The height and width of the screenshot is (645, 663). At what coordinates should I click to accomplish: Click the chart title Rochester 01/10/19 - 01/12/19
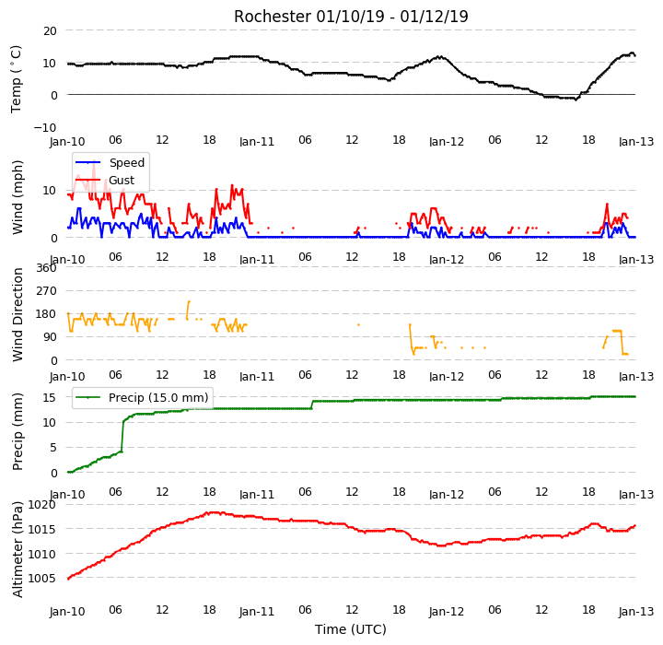351,17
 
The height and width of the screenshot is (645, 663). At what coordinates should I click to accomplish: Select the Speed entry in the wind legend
127,162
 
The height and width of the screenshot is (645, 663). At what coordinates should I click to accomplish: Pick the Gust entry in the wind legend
122,181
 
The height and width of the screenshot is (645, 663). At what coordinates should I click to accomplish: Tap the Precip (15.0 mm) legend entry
158,398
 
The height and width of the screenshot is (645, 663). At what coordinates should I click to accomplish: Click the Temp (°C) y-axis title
16,79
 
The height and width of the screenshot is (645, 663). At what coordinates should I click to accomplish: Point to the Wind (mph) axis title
17,197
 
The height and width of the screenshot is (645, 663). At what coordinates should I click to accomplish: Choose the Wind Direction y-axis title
17,314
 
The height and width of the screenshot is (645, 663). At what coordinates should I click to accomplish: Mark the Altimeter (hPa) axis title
17,549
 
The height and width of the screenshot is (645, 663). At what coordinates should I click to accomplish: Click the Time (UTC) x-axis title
351,629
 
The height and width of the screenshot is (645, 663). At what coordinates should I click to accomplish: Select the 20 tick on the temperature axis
50,31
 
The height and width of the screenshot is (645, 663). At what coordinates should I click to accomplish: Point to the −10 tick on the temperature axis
45,127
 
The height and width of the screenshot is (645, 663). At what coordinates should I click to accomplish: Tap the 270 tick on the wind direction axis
47,291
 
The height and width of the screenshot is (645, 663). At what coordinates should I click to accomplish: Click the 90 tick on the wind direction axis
50,337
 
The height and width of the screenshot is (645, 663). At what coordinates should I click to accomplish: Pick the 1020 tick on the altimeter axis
41,505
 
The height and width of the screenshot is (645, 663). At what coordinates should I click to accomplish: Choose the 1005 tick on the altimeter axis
41,578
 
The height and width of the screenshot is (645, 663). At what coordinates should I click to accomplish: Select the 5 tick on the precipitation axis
52,447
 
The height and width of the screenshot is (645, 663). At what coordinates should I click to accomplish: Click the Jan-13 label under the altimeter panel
636,612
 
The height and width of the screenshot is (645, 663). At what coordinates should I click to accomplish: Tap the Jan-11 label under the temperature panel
257,141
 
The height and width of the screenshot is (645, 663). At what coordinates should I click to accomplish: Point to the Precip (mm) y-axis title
17,432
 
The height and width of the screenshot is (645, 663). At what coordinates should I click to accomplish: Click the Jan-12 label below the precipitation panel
447,494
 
